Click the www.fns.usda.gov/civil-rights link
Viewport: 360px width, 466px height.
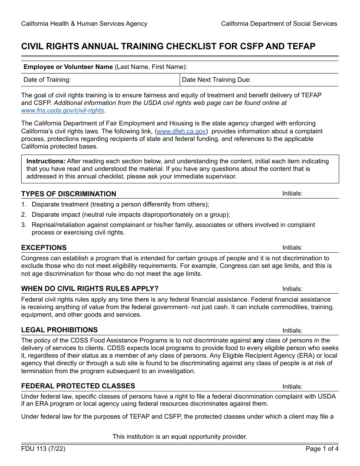pyautogui.click(x=63, y=111)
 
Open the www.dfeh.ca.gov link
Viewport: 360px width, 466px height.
pyautogui.click(x=181, y=131)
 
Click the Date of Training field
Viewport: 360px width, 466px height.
pyautogui.click(x=100, y=80)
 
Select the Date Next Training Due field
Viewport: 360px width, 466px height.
pyautogui.click(x=259, y=80)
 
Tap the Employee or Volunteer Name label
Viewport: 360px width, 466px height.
pyautogui.click(x=68, y=67)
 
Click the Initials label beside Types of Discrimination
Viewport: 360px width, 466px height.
pyautogui.click(x=292, y=194)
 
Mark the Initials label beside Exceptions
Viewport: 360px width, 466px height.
pyautogui.click(x=292, y=248)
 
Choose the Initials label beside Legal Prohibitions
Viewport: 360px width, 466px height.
pyautogui.click(x=292, y=331)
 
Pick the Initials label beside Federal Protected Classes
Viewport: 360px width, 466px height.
pyautogui.click(x=292, y=387)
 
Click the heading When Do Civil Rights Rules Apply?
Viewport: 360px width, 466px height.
pyautogui.click(x=90, y=289)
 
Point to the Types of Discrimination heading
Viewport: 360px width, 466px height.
pyautogui.click(x=69, y=194)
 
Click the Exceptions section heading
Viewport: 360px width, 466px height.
pyautogui.click(x=44, y=248)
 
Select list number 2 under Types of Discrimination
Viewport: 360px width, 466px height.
pyautogui.click(x=23, y=215)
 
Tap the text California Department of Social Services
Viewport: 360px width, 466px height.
pyautogui.click(x=279, y=24)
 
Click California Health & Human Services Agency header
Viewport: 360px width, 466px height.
pyautogui.click(x=84, y=24)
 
